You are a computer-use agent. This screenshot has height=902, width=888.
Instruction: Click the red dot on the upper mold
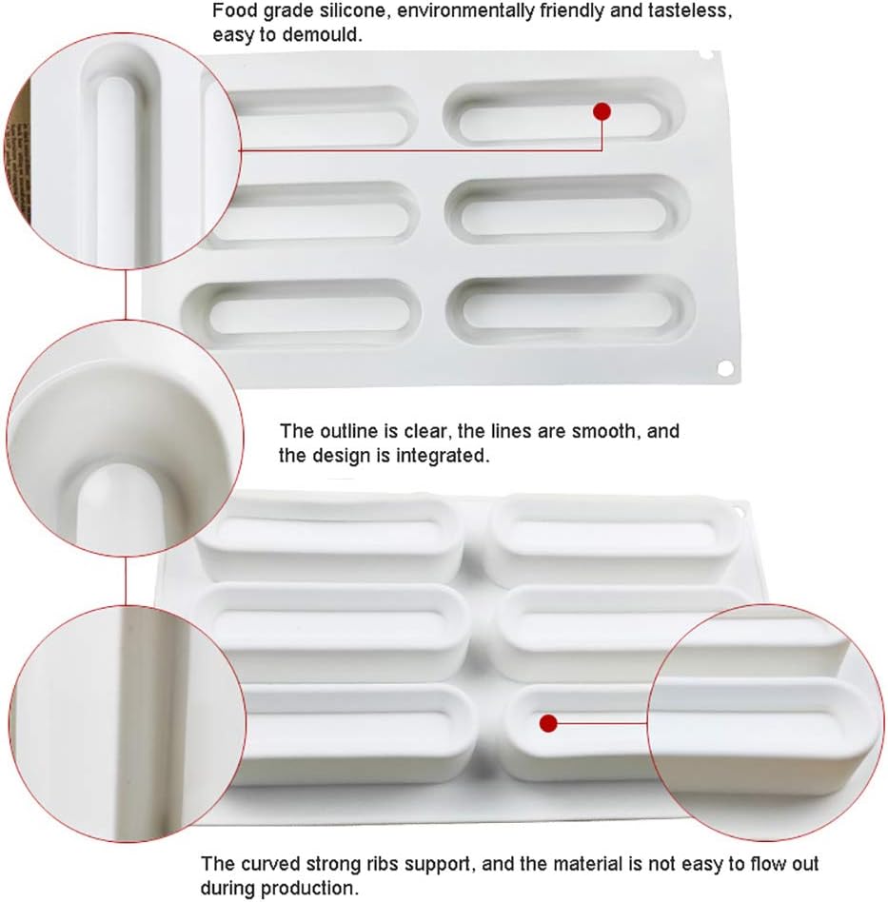(602, 111)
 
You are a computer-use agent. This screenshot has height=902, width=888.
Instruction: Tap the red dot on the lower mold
(547, 723)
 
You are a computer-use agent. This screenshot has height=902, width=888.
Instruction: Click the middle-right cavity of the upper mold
(566, 208)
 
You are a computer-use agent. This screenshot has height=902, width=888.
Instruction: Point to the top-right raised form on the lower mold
(614, 538)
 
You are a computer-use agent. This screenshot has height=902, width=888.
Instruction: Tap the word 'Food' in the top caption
(231, 13)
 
